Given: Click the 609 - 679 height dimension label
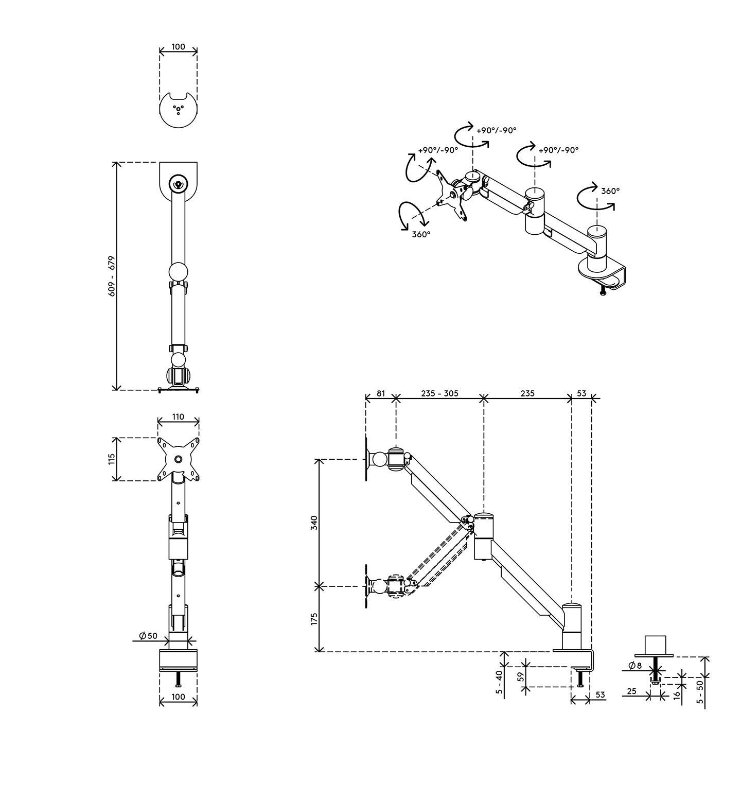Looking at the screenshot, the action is tap(112, 276).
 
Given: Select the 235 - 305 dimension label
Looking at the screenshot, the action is tap(439, 393).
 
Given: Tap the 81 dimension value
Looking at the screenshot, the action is tap(380, 393).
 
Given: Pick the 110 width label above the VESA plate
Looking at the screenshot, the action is tap(178, 417).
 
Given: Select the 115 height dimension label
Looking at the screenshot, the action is tap(112, 459).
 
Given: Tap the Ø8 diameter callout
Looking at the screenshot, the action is tap(635, 666).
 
